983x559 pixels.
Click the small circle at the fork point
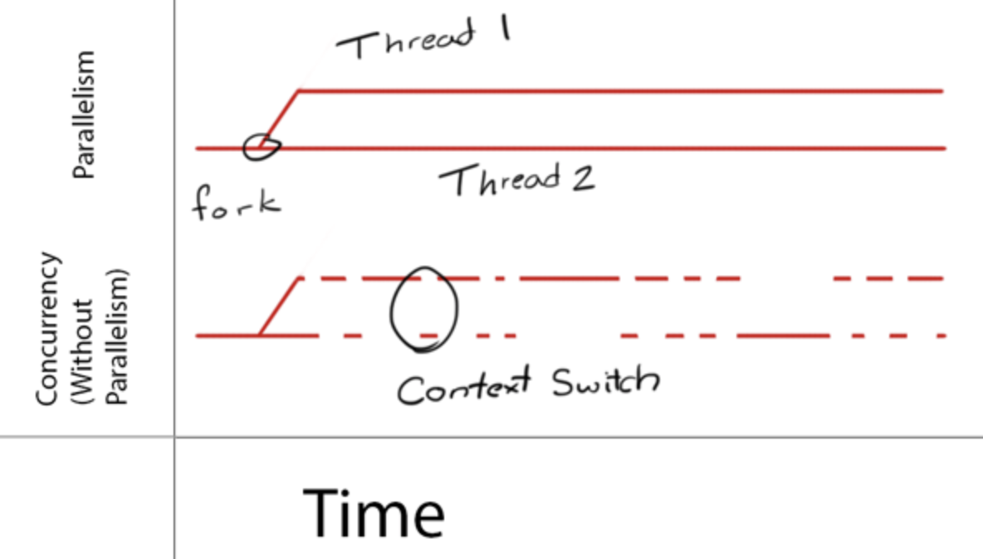point(261,146)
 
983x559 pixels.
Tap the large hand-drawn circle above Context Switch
point(424,309)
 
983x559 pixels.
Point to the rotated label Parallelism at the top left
point(84,115)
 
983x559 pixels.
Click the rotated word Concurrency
point(49,329)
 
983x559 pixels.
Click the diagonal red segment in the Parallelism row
point(279,119)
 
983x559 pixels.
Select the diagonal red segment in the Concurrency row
point(279,306)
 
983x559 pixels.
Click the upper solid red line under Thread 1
point(623,90)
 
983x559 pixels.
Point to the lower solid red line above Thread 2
point(623,149)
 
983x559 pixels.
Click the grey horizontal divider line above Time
point(581,436)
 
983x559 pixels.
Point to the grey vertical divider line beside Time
point(174,498)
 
